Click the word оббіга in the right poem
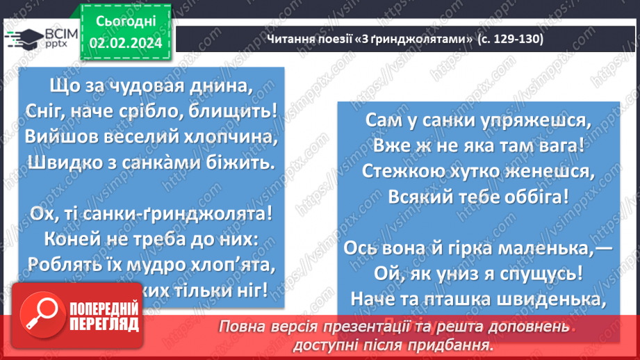(542, 195)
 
